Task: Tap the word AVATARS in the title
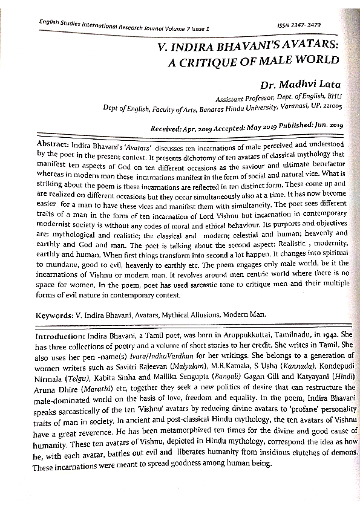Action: (298, 45)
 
